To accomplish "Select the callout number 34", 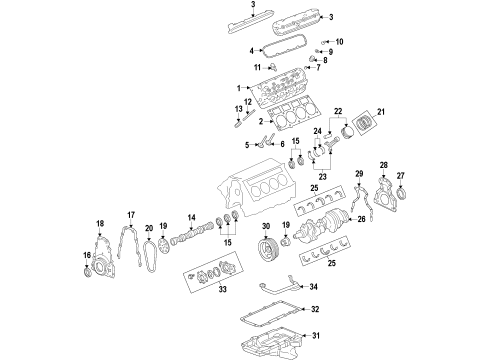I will coord(313,285).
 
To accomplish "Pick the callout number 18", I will coord(99,223).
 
